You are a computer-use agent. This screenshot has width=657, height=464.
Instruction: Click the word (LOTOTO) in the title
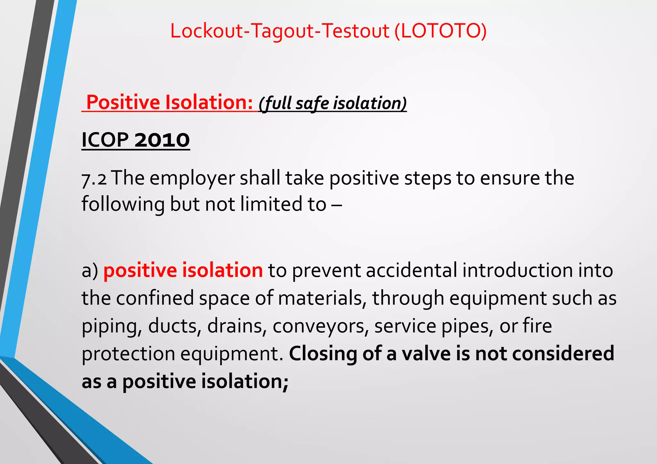[x=440, y=31]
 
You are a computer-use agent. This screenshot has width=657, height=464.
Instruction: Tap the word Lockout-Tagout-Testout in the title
[x=279, y=31]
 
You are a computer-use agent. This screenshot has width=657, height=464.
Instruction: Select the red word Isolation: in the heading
[x=209, y=103]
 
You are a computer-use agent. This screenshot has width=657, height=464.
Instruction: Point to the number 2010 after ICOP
[x=162, y=140]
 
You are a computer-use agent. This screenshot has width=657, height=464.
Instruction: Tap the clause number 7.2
[x=94, y=179]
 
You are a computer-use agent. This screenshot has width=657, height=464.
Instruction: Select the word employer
[x=192, y=179]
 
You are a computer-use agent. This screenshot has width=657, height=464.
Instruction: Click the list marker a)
[x=90, y=270]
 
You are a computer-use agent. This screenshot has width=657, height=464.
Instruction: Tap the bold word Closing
[x=323, y=353]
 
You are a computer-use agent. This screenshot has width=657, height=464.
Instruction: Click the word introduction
[x=517, y=270]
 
